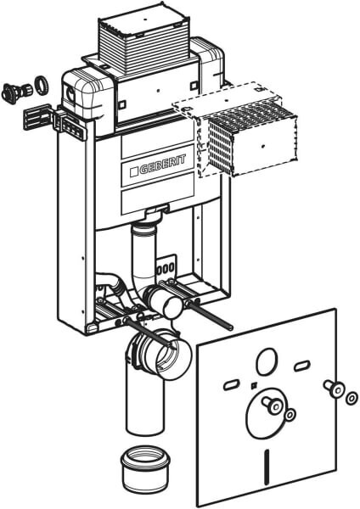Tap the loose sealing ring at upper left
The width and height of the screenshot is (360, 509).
point(42,85)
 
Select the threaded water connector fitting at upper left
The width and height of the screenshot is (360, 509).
point(17,91)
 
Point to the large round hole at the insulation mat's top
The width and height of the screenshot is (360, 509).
point(267,362)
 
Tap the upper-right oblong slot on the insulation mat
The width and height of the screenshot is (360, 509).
point(302,366)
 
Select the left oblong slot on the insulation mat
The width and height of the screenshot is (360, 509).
point(231,384)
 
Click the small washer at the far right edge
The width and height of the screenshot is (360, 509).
point(352,398)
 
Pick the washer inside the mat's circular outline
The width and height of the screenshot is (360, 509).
point(290,415)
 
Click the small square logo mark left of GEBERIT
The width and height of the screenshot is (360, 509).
point(134,172)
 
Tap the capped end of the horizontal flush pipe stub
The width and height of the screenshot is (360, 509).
point(172,308)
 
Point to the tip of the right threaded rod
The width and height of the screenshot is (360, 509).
point(230,327)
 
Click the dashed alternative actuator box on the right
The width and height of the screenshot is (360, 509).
point(235,130)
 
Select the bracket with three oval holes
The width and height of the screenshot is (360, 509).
point(166,267)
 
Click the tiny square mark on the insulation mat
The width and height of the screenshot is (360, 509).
point(253,386)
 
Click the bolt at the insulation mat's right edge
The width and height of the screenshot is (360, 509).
point(335,389)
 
